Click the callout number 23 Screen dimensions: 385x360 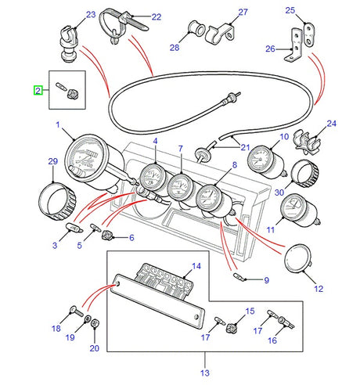coord(68,15)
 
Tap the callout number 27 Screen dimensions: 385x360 coord(221,13)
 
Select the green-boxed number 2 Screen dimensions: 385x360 coord(37,91)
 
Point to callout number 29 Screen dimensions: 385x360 coord(53,161)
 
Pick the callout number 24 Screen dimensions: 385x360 coord(331,124)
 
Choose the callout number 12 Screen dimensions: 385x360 coord(318,289)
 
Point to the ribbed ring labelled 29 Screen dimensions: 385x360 coord(57,200)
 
